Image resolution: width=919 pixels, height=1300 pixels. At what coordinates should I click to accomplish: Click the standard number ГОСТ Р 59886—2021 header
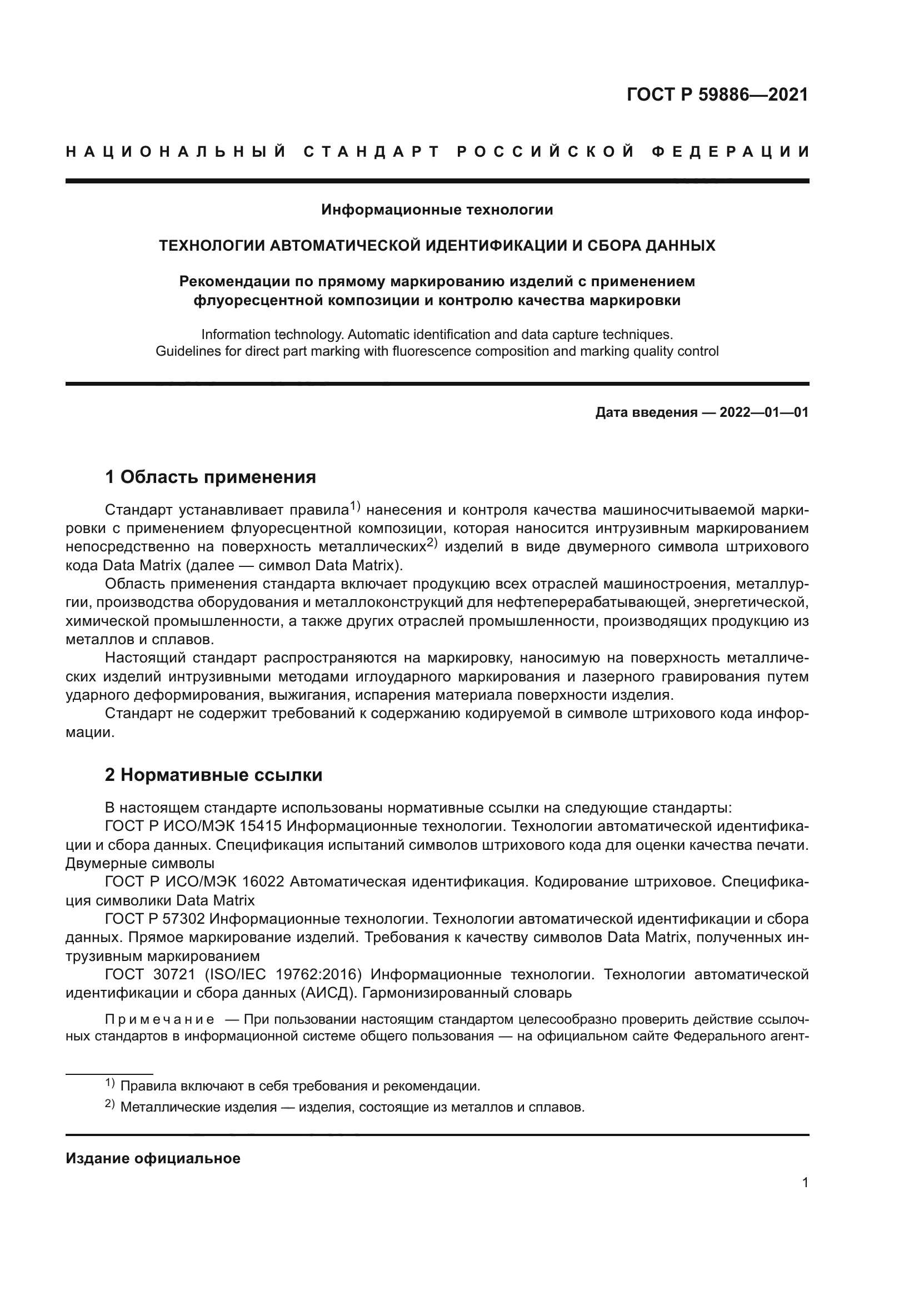(x=717, y=94)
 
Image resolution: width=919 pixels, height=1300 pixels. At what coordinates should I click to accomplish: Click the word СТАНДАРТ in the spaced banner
(x=372, y=152)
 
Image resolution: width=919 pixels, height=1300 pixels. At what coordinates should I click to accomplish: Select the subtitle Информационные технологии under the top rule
(x=437, y=210)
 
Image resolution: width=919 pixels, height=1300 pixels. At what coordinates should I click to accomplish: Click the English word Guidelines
(x=184, y=351)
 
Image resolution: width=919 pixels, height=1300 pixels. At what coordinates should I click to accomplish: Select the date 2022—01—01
(x=763, y=412)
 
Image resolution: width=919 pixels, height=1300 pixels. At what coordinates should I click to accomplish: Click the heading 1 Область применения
(x=211, y=477)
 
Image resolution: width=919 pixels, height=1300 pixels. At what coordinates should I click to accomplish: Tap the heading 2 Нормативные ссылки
(x=213, y=775)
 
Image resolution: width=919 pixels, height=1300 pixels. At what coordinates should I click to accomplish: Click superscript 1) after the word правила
(x=355, y=506)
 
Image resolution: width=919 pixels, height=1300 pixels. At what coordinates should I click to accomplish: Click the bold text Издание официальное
(x=153, y=1158)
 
